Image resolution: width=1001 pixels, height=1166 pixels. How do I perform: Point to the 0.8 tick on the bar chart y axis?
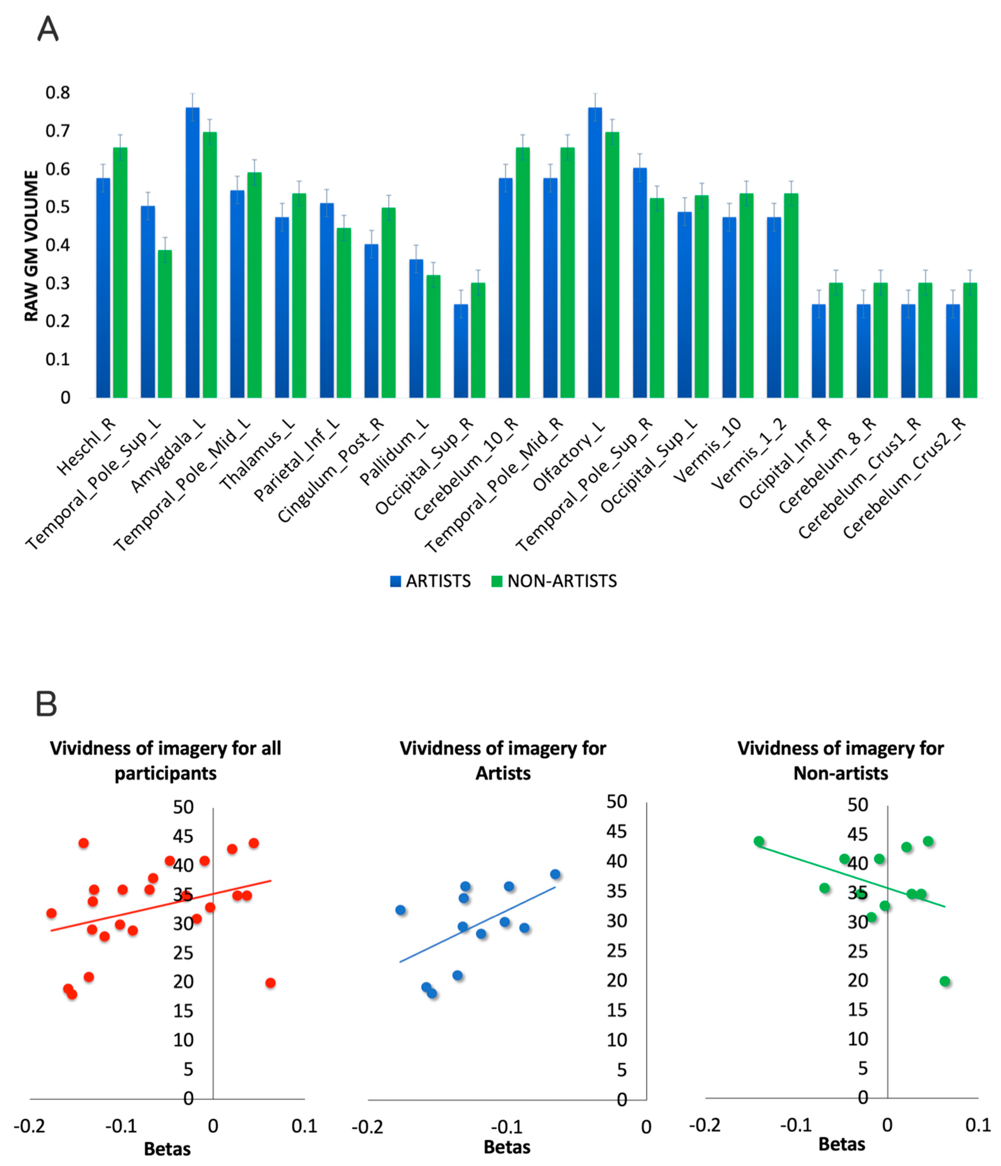tap(58, 93)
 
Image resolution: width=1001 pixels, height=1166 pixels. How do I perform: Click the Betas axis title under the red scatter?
tap(167, 1149)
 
